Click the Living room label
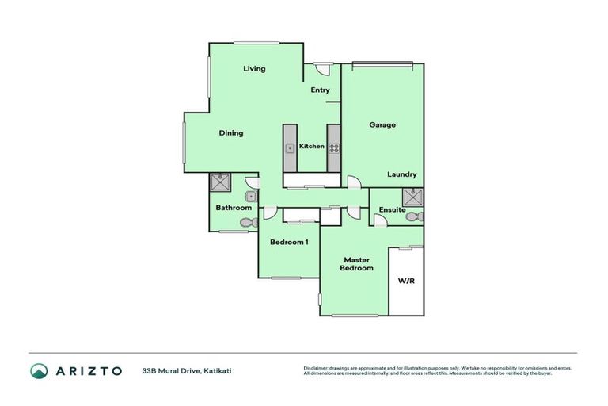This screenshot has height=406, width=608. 254,69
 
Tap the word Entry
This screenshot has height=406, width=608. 320,90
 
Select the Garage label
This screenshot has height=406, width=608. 382,125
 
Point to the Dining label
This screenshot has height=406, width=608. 231,133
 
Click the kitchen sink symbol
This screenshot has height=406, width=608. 291,147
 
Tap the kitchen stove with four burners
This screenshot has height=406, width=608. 333,147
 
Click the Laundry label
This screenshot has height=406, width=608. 402,174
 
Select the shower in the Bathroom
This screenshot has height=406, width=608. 220,182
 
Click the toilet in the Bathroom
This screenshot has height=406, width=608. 249,223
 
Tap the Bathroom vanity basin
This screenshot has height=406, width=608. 251,195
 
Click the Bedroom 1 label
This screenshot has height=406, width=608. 289,242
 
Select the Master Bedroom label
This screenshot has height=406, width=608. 357,264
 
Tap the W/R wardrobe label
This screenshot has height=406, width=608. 406,281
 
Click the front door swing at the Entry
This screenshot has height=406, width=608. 321,70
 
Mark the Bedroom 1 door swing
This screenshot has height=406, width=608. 270,213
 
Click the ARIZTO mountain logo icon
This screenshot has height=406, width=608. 39,370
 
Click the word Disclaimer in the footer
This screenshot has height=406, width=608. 316,368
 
